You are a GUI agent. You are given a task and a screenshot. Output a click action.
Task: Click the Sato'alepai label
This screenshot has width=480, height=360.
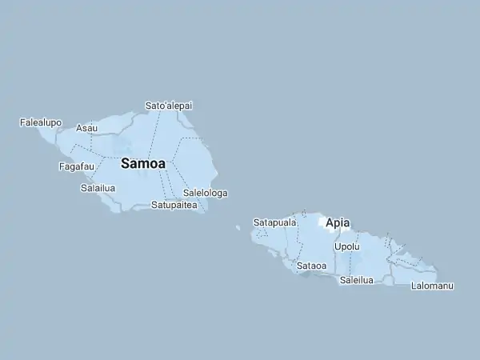168,106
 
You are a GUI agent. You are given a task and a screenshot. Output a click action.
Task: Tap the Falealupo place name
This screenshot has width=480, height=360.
40,122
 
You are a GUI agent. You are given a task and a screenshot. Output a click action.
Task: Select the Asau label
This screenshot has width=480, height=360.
86,128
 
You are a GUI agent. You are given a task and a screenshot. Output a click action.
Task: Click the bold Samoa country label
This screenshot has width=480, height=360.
143,163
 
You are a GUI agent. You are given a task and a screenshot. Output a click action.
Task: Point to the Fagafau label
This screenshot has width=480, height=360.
77,166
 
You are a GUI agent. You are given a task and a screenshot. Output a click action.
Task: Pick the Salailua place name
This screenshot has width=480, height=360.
98,189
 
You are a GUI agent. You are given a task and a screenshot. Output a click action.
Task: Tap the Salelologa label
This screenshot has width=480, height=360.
205,193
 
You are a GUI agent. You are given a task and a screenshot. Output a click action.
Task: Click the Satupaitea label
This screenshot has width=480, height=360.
174,205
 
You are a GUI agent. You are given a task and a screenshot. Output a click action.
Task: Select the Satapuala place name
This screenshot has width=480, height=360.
274,222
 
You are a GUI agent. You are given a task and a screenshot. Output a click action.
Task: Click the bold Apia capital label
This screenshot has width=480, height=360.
338,223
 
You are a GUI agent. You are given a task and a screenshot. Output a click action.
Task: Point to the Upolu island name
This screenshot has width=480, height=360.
346,246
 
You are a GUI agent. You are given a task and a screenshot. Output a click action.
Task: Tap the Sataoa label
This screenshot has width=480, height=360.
311,266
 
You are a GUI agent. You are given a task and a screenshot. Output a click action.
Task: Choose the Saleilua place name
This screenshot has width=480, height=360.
357,280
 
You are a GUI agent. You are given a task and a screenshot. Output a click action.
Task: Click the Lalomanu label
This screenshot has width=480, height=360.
432,286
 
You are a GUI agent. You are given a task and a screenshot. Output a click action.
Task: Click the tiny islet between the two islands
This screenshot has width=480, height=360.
238,227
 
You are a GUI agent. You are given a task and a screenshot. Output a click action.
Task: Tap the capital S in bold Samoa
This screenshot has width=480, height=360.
126,163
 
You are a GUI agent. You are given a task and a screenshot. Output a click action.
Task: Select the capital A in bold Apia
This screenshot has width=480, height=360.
330,223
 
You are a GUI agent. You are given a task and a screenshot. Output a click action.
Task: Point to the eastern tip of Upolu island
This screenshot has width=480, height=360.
437,269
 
